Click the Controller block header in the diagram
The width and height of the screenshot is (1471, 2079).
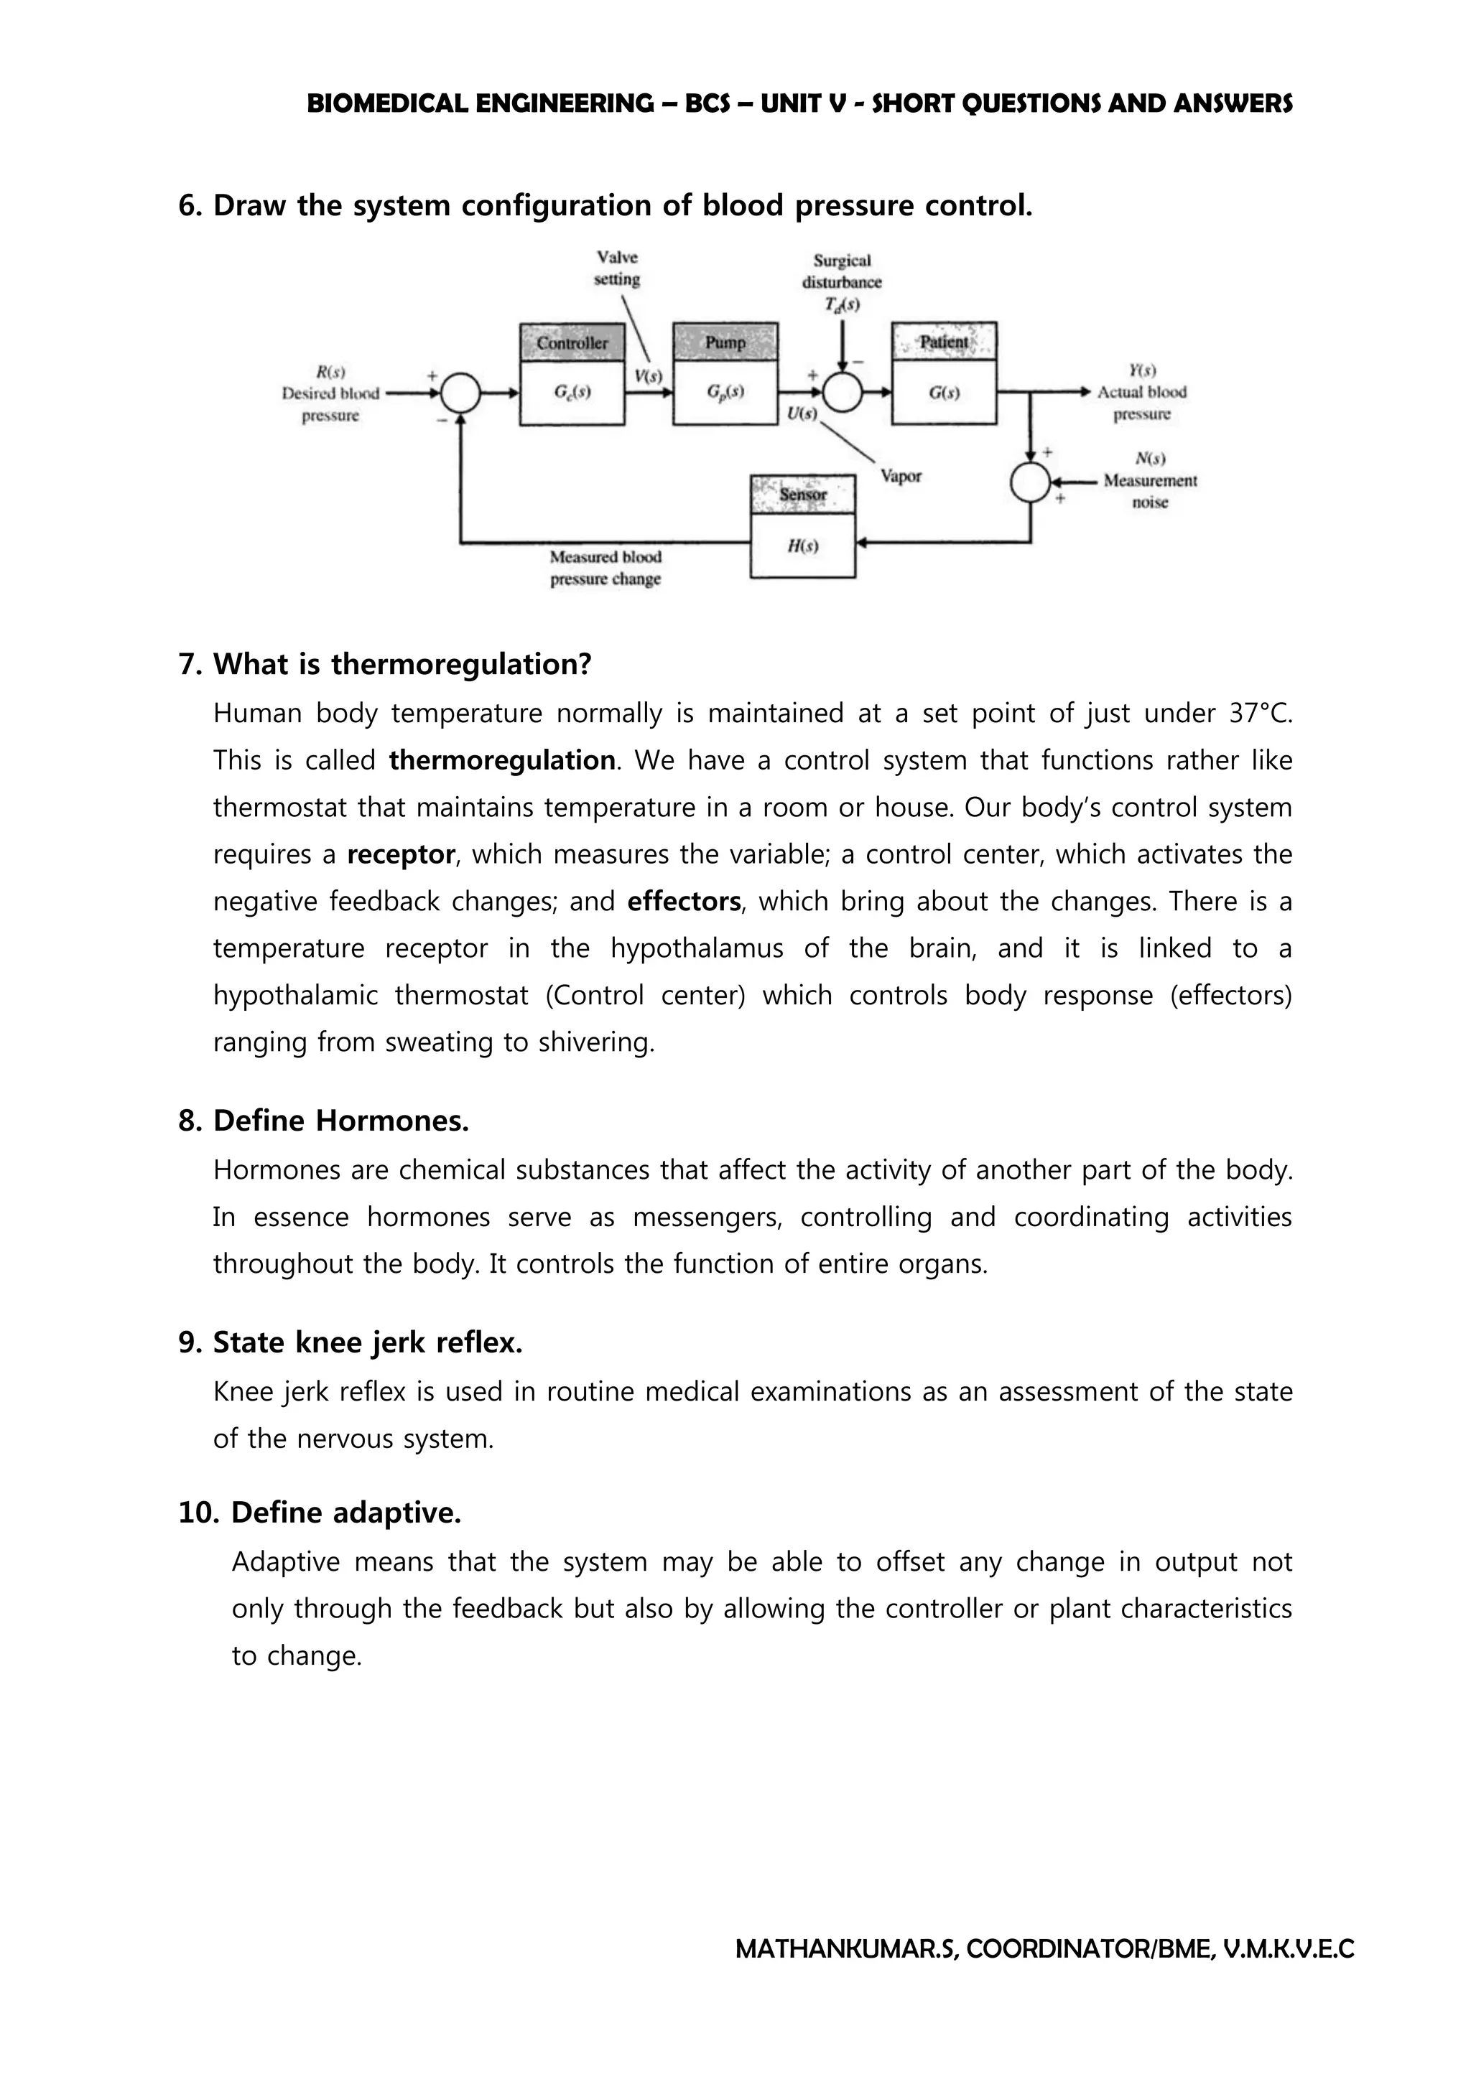[x=572, y=343]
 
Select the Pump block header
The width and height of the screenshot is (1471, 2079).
[x=725, y=342]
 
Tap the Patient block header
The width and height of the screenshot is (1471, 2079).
[x=944, y=342]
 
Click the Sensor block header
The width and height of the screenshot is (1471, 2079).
[x=802, y=495]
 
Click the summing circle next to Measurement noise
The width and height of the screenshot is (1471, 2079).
[x=1030, y=482]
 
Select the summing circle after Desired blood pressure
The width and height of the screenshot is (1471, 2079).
[x=460, y=393]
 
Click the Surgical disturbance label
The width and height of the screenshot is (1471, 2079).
[x=842, y=271]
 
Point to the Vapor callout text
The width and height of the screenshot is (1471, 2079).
[x=901, y=476]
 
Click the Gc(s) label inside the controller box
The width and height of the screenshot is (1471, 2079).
[x=572, y=392]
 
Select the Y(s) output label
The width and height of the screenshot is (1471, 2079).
[x=1141, y=370]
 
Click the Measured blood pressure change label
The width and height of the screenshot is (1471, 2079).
[x=605, y=568]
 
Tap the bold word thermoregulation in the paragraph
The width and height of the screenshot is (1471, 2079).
[x=502, y=761]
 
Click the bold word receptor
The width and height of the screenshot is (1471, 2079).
[x=400, y=855]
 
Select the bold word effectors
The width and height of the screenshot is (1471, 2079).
[x=684, y=902]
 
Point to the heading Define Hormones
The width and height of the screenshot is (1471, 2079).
[x=340, y=1121]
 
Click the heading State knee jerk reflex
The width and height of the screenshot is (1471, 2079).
[x=367, y=1342]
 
